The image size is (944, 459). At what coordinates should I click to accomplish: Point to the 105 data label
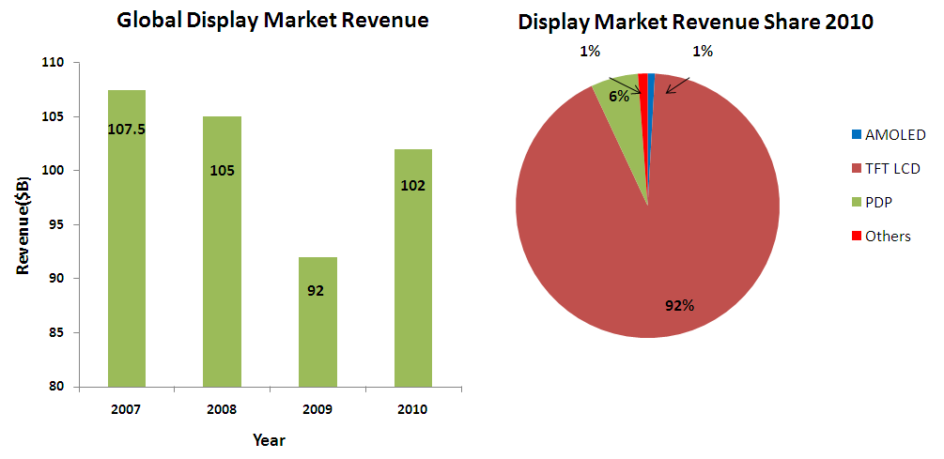[223, 171]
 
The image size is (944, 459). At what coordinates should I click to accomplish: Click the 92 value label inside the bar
[316, 290]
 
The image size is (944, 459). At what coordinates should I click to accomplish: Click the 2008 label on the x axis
[222, 409]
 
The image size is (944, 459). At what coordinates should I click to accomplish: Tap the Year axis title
[269, 439]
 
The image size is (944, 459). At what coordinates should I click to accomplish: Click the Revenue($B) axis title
[23, 224]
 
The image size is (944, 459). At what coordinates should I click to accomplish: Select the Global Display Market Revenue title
[272, 21]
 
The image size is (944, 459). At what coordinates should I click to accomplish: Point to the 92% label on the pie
[679, 305]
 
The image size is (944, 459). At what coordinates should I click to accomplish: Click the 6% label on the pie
[617, 96]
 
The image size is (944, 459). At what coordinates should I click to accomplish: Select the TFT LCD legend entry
[884, 168]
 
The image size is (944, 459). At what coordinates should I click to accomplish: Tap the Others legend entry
[879, 236]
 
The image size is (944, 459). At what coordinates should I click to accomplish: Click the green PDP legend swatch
[856, 202]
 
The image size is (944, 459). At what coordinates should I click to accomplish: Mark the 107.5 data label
[127, 129]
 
